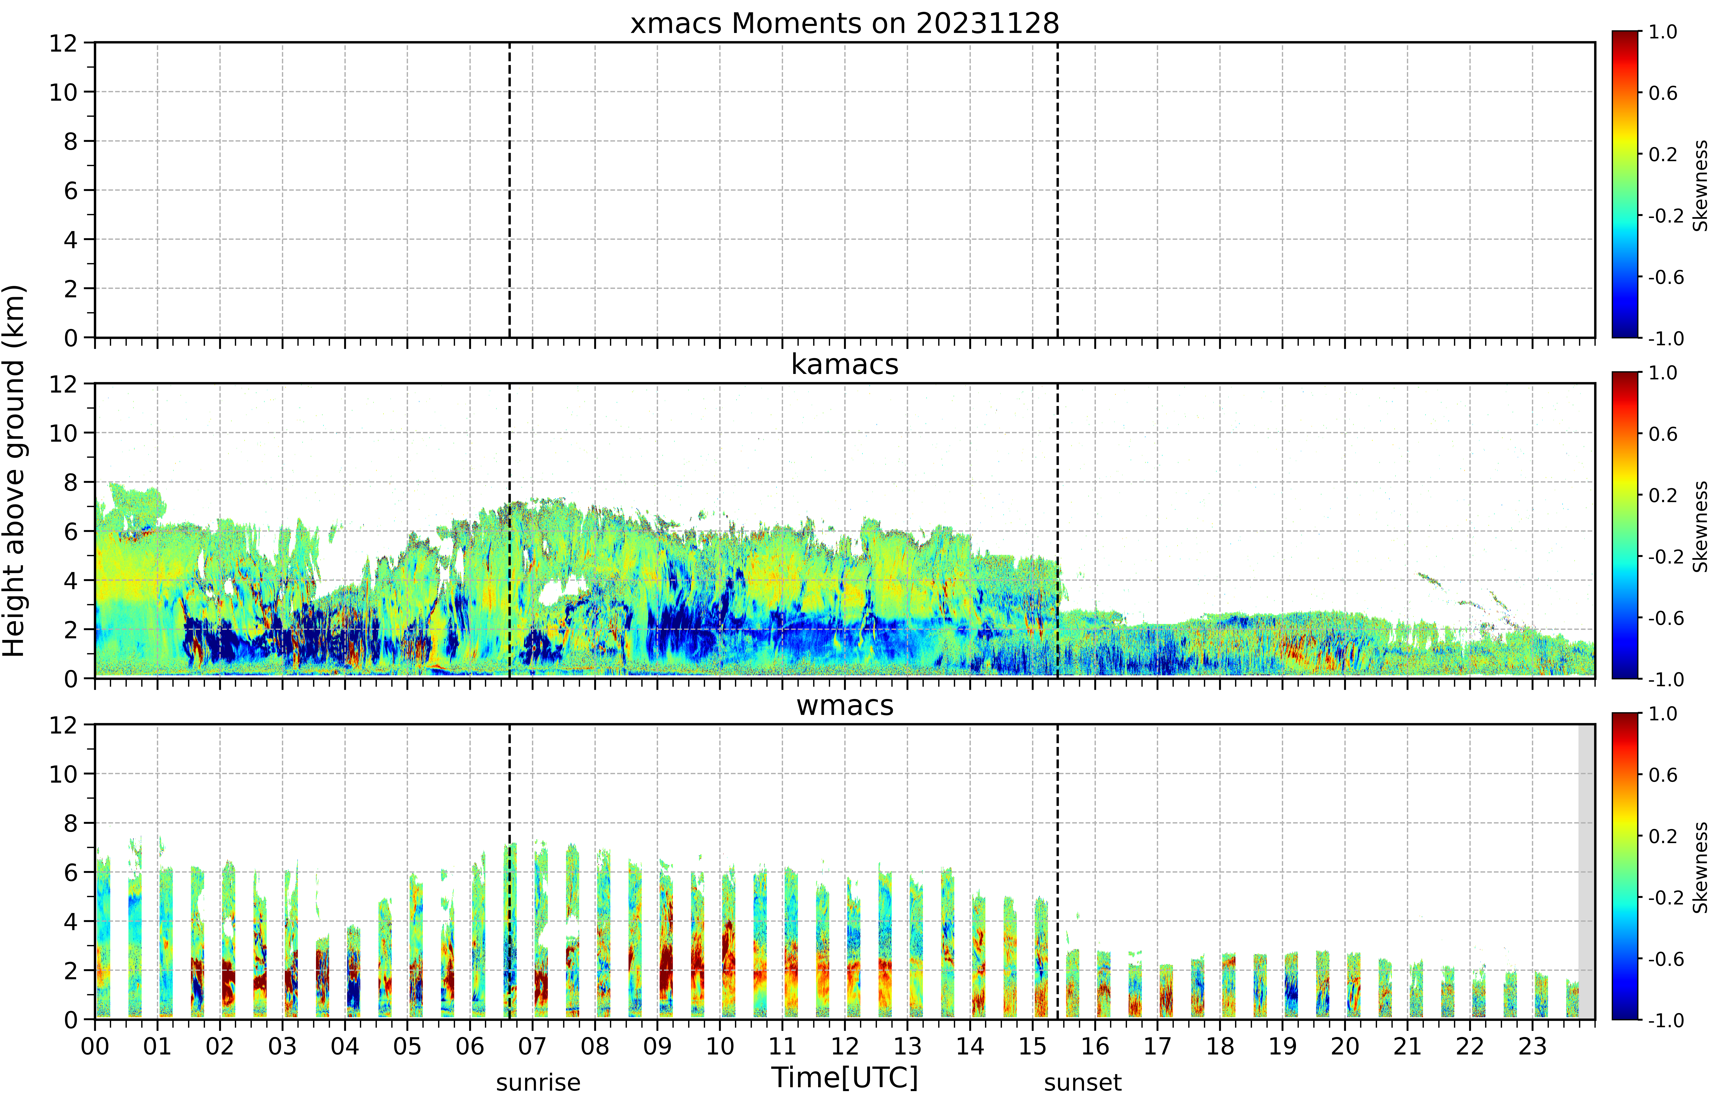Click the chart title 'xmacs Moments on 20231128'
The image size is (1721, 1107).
pos(845,24)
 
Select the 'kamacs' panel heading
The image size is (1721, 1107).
pos(845,364)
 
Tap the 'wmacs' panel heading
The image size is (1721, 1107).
pos(845,705)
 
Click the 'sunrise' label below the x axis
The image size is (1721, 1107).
pos(538,1082)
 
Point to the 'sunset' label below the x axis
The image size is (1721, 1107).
pos(1083,1082)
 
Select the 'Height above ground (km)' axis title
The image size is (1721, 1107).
pos(14,471)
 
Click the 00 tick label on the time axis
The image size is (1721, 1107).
pos(95,1046)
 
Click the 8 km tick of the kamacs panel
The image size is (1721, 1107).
pos(70,482)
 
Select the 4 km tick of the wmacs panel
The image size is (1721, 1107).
pos(70,922)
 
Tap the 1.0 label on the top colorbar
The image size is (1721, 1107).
pos(1663,32)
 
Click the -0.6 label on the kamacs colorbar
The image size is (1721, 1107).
pos(1666,618)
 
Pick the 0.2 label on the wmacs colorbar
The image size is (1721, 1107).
pos(1663,836)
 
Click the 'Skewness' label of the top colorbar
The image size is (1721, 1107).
pos(1700,185)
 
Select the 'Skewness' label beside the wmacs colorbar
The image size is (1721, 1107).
pos(1700,868)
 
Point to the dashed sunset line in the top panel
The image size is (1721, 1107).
pos(1057,190)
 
